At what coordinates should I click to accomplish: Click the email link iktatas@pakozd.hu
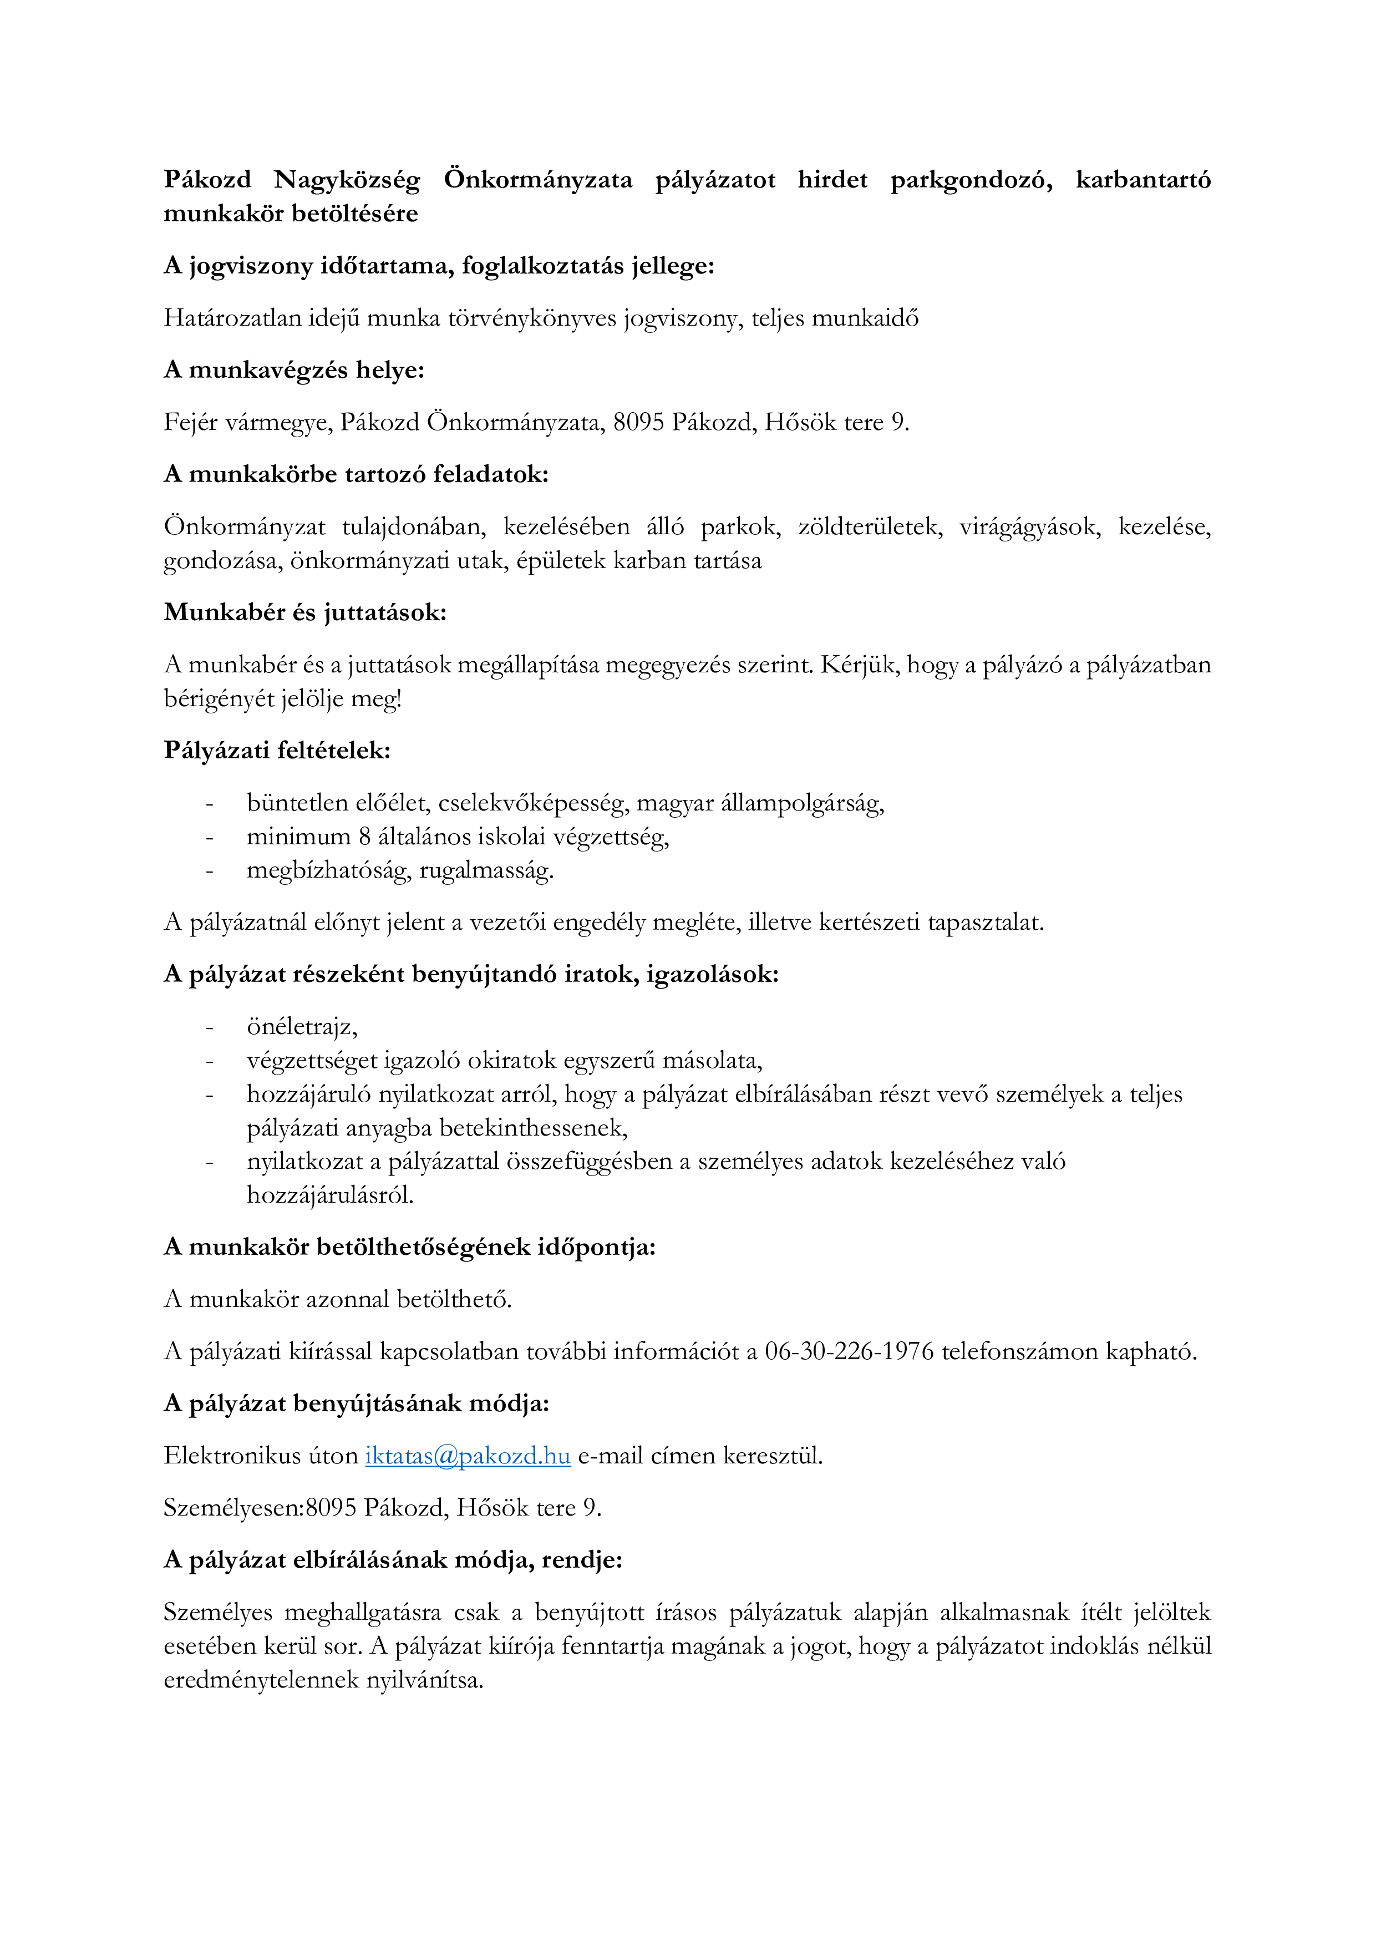tap(468, 1456)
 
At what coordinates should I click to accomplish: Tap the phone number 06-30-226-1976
tap(849, 1352)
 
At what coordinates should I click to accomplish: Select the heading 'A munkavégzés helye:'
tap(294, 371)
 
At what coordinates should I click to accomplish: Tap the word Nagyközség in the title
tap(347, 180)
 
